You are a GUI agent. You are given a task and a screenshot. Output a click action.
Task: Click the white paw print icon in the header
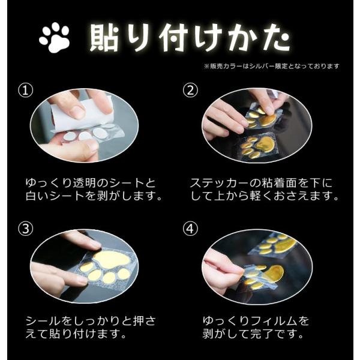(55, 38)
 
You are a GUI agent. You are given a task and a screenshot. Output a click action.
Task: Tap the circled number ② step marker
(190, 91)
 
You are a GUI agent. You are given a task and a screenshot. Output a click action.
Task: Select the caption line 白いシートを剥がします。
(91, 196)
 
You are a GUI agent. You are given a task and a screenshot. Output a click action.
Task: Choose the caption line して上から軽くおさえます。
(264, 196)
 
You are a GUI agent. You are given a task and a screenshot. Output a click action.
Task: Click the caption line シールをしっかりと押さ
(91, 321)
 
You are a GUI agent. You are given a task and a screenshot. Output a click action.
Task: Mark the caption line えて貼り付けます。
(76, 335)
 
